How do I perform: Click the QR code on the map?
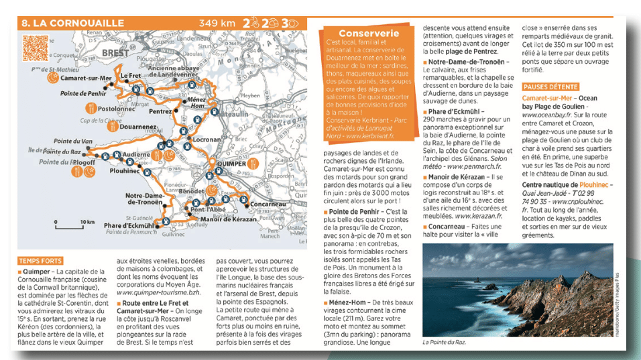[34, 47]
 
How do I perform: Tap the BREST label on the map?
[115, 52]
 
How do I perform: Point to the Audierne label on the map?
[137, 154]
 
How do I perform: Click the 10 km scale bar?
[76, 221]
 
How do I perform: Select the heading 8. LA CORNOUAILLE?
[72, 23]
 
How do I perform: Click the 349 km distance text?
[217, 23]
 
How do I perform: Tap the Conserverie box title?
[369, 33]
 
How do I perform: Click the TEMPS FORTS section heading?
[40, 261]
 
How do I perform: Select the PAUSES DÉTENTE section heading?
[550, 86]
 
